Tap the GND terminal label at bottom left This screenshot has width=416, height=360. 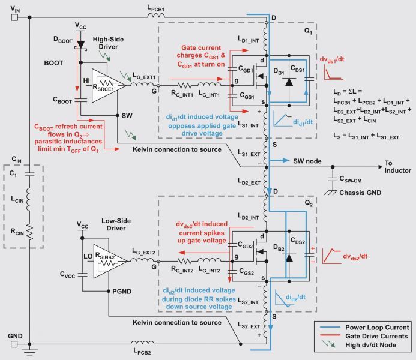pos(16,337)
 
